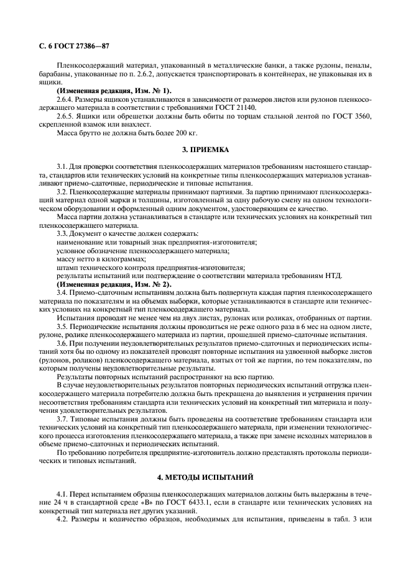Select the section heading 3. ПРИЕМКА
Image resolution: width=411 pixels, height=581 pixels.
[205, 150]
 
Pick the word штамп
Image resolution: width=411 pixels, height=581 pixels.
[67, 267]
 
